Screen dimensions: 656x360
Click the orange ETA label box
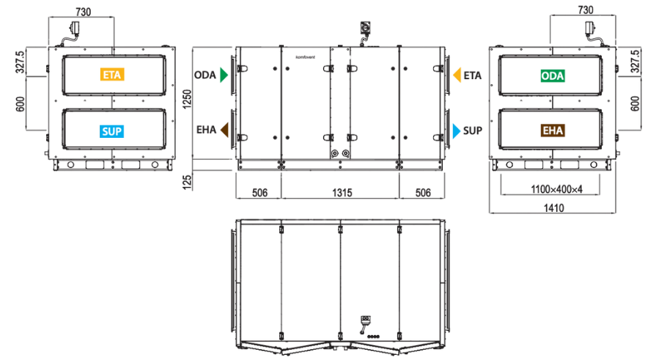click(x=112, y=75)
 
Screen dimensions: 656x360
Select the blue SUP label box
click(x=111, y=131)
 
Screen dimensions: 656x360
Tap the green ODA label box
click(x=553, y=76)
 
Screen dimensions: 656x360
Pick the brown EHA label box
click(x=553, y=131)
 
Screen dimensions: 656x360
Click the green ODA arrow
click(x=224, y=76)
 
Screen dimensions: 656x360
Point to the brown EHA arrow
click(x=224, y=130)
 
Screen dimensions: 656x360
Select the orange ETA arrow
click(x=457, y=76)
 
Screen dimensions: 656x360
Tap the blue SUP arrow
click(x=457, y=131)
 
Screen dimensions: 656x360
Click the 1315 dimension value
click(x=342, y=193)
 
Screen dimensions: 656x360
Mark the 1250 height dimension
click(x=187, y=99)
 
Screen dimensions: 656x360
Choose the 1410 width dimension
click(x=553, y=208)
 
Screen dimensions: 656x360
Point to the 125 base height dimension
click(x=187, y=183)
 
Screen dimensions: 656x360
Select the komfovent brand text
click(x=306, y=57)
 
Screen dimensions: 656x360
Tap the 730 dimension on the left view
click(x=83, y=12)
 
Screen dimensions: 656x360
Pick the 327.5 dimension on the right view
click(x=635, y=61)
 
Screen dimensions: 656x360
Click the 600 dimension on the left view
click(x=21, y=104)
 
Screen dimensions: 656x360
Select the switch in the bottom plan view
click(x=365, y=323)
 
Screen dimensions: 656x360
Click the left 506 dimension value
click(x=259, y=193)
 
